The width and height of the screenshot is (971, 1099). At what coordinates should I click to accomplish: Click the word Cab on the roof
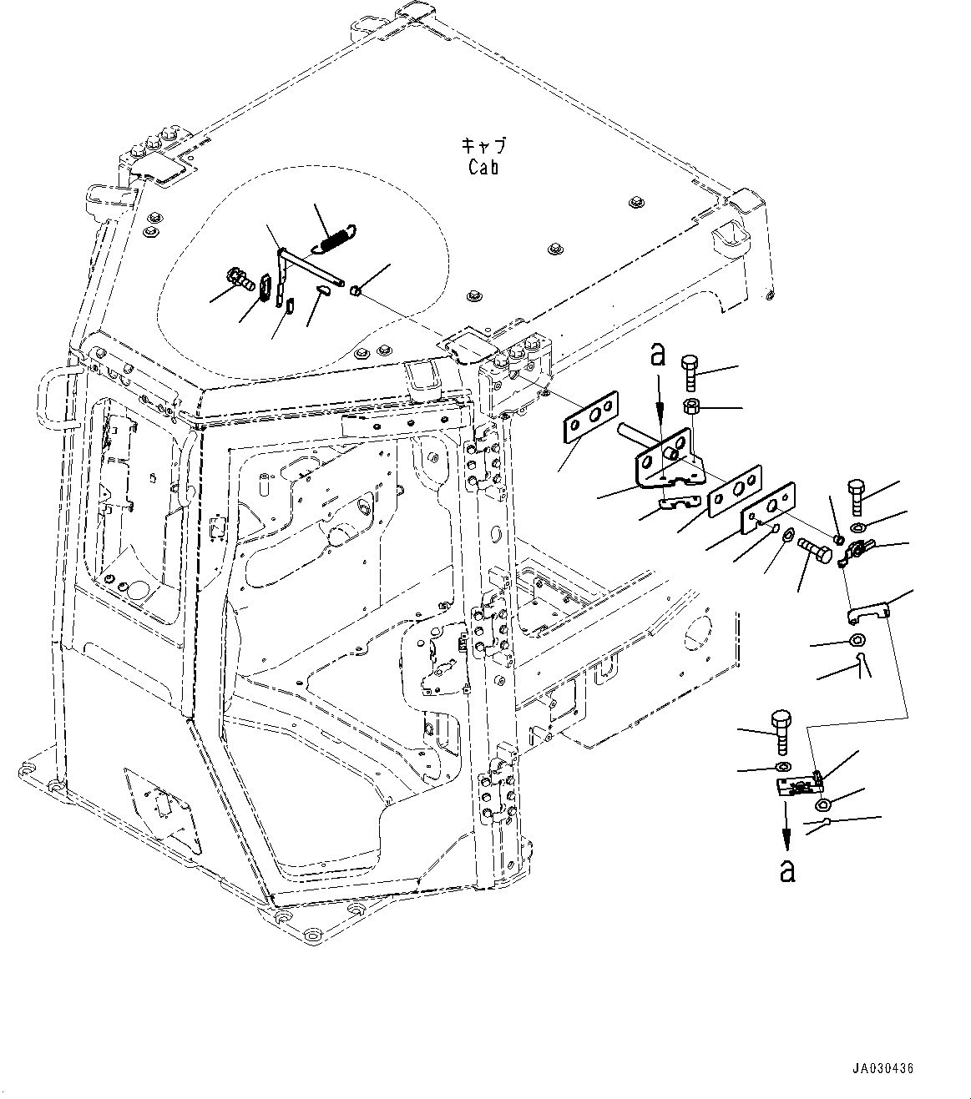click(x=483, y=168)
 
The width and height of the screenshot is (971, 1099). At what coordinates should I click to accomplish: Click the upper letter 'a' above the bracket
click(x=658, y=356)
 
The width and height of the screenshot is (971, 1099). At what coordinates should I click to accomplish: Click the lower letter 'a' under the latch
click(x=786, y=871)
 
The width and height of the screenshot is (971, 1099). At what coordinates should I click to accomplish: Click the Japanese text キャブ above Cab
click(x=483, y=145)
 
